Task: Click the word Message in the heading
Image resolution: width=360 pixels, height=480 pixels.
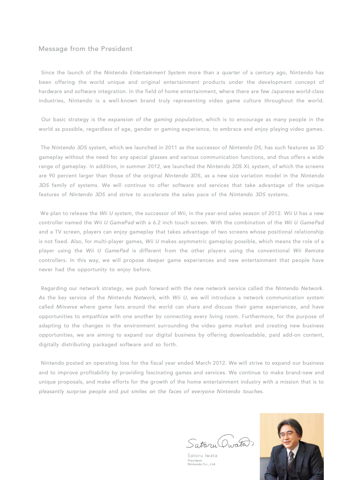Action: [53, 49]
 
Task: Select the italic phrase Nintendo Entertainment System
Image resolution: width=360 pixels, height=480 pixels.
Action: [145, 73]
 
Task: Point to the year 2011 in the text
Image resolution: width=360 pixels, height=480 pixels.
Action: [171, 148]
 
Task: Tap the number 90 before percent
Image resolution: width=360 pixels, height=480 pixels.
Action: [52, 176]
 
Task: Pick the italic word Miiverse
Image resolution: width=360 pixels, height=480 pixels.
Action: [67, 307]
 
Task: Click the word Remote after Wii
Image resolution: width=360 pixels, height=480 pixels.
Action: [314, 251]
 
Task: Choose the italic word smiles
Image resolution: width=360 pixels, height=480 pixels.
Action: [139, 392]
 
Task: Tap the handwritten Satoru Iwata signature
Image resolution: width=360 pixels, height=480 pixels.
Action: [220, 442]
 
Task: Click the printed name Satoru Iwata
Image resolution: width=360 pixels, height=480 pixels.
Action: [202, 456]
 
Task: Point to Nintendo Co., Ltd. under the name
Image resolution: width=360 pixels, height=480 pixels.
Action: [201, 464]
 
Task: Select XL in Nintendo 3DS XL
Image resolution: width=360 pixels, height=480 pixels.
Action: [247, 167]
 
